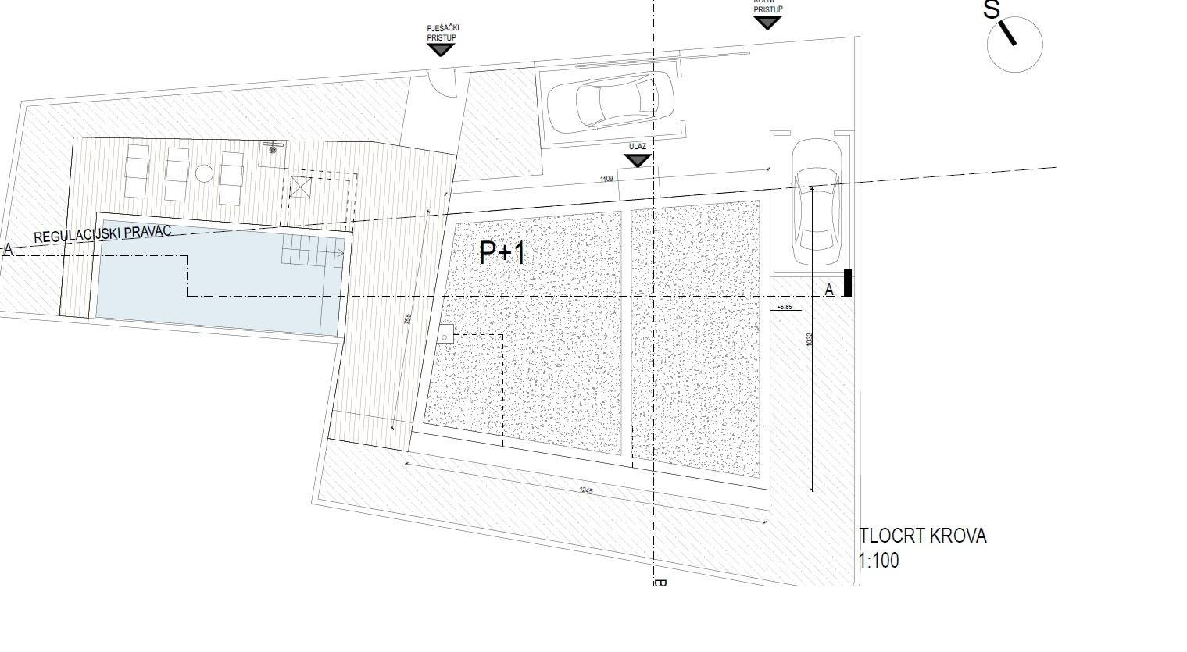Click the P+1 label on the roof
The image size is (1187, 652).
point(503,253)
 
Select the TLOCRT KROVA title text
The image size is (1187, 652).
point(922,536)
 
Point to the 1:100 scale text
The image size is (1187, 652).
point(879,561)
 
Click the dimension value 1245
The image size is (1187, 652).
point(586,490)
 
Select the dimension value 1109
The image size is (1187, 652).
point(606,180)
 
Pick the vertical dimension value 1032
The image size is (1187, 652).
point(810,340)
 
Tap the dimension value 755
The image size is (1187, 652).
point(406,320)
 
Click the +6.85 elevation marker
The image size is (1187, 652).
point(785,308)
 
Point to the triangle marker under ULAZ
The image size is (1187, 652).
point(638,160)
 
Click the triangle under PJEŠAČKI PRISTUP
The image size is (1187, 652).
point(441,50)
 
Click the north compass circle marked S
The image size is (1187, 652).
point(1014,45)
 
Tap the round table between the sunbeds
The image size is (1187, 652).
point(204,173)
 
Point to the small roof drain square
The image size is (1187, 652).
point(444,335)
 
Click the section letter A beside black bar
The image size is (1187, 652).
point(829,290)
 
